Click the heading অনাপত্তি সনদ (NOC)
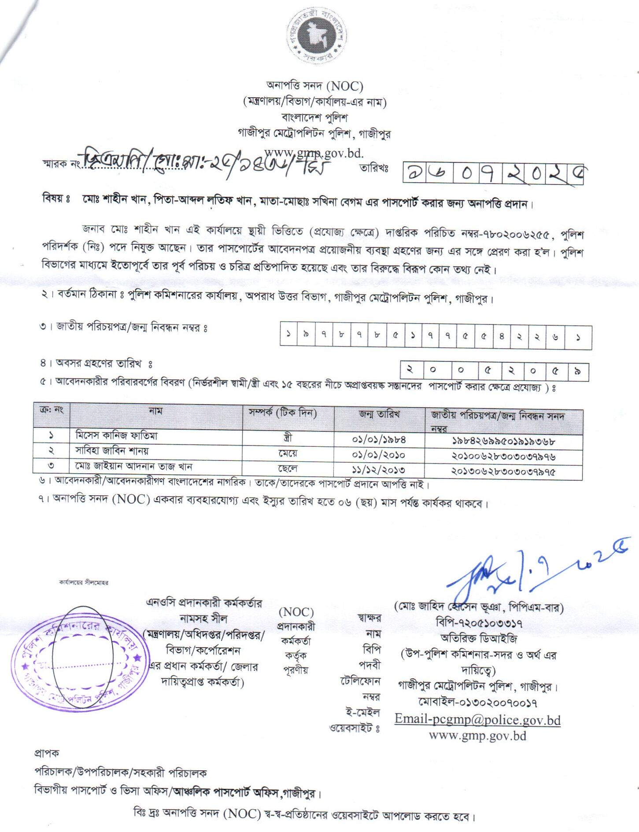tap(315, 85)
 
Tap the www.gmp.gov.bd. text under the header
tap(314, 153)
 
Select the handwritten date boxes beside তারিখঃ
tap(493, 173)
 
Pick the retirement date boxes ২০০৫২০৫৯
tap(494, 372)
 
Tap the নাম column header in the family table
tap(155, 411)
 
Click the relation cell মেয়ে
tap(288, 453)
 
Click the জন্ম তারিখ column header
tap(379, 414)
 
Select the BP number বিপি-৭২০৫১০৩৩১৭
tap(479, 623)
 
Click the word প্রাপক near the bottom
tap(47, 753)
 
